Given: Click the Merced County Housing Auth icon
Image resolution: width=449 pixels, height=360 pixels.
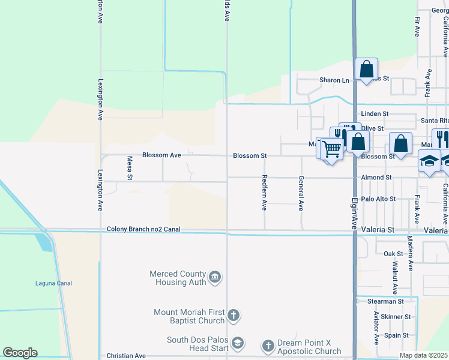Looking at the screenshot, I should click(214, 277).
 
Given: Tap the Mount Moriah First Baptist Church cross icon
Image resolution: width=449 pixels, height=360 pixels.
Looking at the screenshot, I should click(234, 315).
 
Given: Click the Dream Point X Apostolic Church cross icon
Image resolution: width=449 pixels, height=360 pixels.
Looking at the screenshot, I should click(268, 346).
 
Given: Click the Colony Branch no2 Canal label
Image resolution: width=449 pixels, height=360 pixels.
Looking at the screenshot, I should click(143, 229).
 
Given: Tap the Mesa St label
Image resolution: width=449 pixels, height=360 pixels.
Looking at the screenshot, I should click(129, 168).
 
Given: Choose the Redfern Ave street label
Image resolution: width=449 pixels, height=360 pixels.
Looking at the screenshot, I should click(264, 193).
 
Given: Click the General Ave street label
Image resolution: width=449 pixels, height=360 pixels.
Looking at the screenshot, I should click(301, 193).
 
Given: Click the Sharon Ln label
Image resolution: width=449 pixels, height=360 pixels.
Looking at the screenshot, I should click(334, 80).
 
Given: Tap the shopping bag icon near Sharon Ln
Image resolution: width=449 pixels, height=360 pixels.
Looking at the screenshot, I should click(366, 69).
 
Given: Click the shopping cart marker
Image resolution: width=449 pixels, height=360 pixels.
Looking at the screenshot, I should click(331, 149).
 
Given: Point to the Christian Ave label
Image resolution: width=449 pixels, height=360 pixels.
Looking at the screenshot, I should click(125, 356).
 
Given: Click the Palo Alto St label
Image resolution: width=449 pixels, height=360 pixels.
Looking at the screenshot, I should click(378, 199).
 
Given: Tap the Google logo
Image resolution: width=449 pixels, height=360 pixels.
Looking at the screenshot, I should click(20, 353).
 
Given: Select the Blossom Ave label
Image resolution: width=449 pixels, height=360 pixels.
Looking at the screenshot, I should click(161, 155).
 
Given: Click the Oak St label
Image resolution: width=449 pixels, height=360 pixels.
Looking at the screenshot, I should click(393, 254).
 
